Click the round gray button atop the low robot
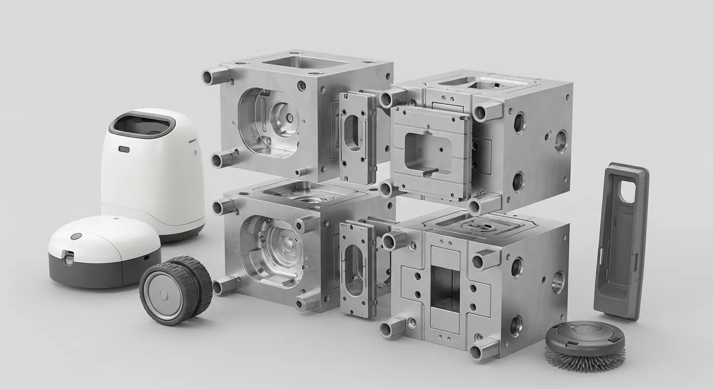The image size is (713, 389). [76, 236]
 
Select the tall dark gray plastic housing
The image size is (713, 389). [620, 241]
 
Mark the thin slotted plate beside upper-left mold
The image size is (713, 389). [357, 137]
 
